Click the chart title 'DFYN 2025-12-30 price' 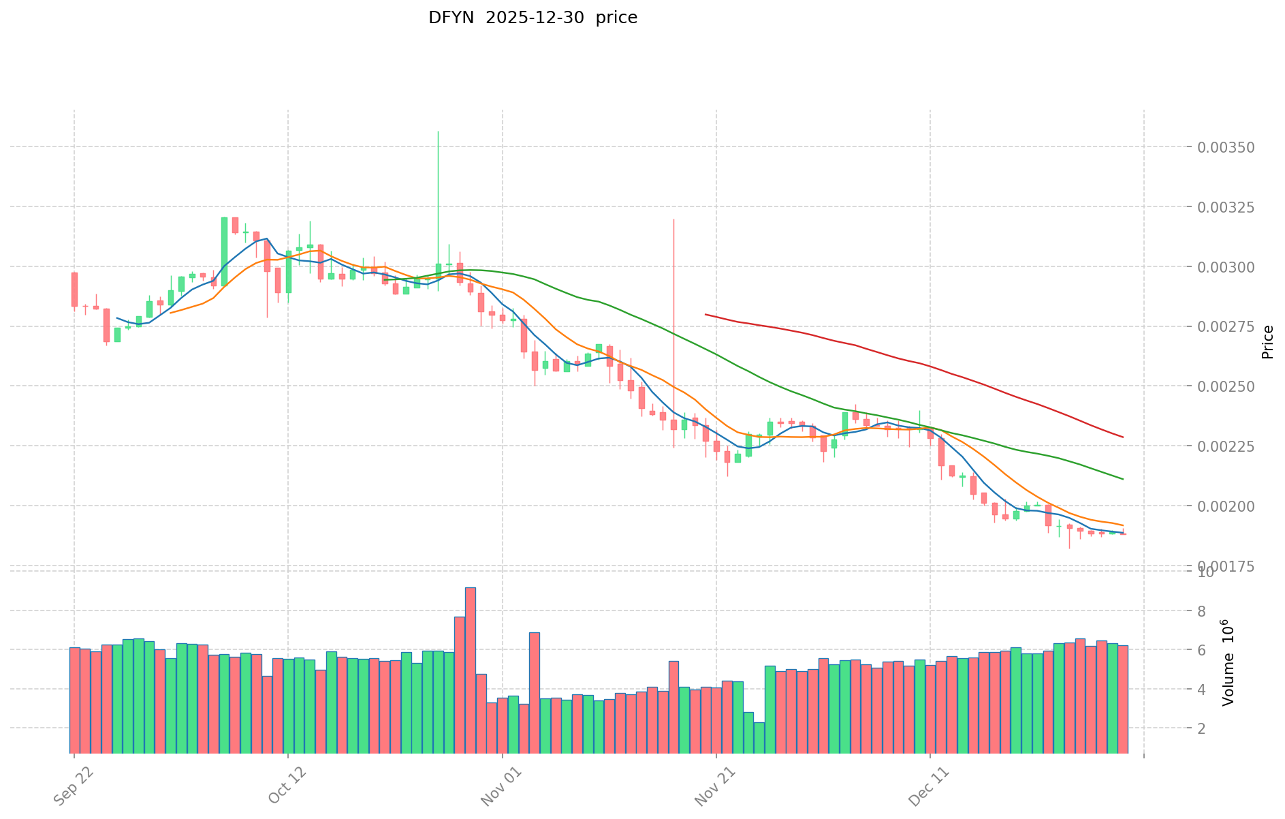coord(533,18)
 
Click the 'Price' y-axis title coord(1267,342)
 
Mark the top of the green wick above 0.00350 coord(438,132)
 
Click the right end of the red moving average coord(1122,437)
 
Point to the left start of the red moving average coord(705,314)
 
